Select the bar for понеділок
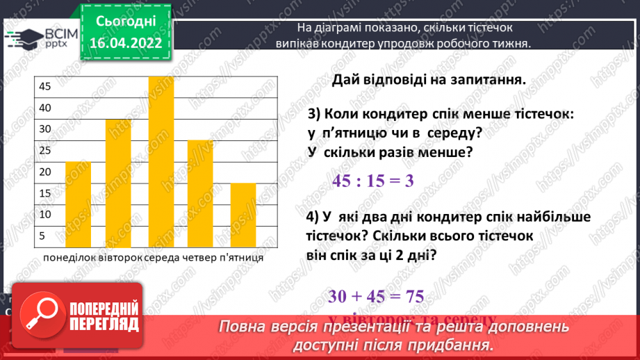[x=79, y=204]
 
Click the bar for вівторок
[x=119, y=182]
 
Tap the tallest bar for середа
[x=161, y=161]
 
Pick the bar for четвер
[x=200, y=193]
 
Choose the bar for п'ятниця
[x=243, y=214]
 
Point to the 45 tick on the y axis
[x=45, y=87]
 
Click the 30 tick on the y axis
[x=45, y=129]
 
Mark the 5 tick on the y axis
[x=42, y=236]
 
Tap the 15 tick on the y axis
[x=45, y=193]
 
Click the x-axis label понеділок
[x=71, y=258]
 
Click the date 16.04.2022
[x=126, y=43]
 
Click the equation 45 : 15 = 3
[x=373, y=181]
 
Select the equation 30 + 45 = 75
[x=376, y=296]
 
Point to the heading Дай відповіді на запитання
[x=427, y=79]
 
